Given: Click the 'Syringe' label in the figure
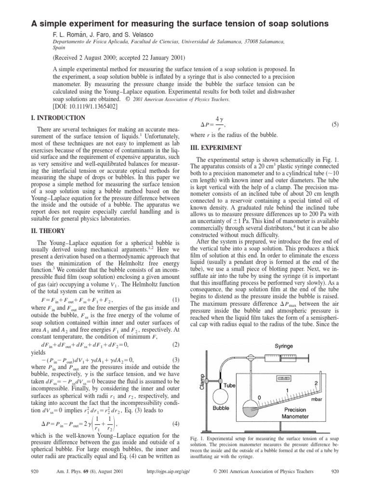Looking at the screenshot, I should click(284, 346).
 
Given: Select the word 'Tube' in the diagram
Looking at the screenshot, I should click(229, 386).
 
